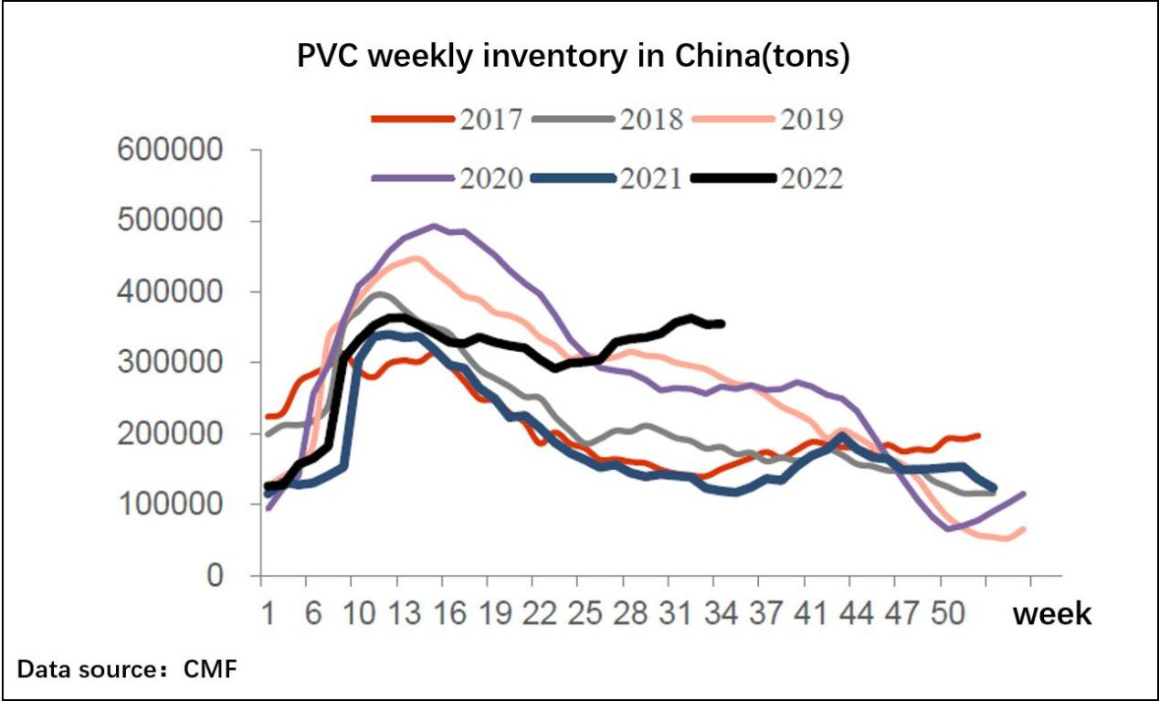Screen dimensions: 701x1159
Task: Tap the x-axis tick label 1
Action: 269,613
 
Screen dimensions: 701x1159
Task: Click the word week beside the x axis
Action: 1051,613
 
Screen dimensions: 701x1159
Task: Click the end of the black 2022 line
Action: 722,324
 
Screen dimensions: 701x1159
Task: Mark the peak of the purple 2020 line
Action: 435,226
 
